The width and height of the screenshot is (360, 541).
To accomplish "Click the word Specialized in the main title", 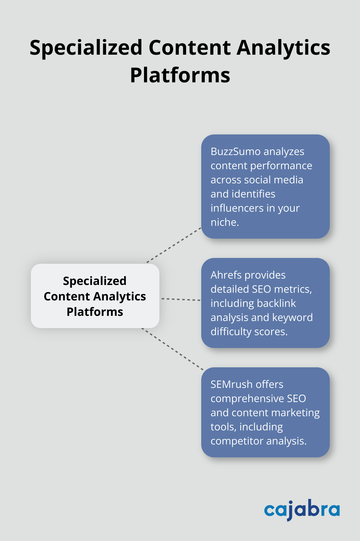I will pos(86,48).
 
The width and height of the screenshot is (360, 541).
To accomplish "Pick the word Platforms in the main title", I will pos(180,75).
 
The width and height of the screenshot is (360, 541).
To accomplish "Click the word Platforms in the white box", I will pos(95,312).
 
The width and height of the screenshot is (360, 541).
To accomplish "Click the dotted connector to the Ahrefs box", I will pos(181,299).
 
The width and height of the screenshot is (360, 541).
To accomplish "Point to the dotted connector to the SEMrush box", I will pos(173,349).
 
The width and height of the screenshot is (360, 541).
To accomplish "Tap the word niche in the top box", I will pos(224,222).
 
